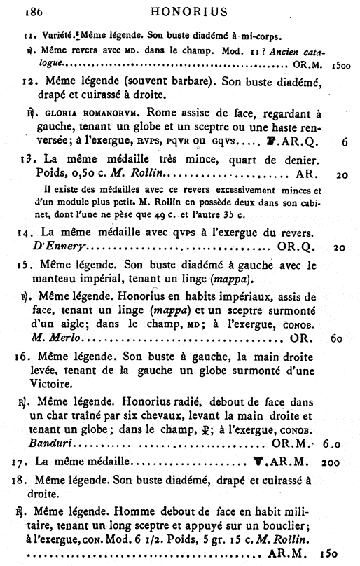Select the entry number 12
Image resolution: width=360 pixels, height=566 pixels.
pos(30,82)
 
